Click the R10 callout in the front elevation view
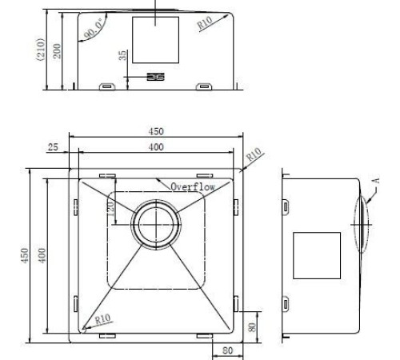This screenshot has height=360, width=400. [204, 24]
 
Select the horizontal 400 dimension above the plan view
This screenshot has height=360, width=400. [155, 147]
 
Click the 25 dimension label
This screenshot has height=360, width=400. [53, 147]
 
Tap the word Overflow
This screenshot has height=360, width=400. [193, 186]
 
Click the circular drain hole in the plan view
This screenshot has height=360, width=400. [154, 223]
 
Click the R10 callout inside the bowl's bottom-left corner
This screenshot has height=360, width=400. [102, 318]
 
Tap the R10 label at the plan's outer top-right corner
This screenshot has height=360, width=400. [254, 154]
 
